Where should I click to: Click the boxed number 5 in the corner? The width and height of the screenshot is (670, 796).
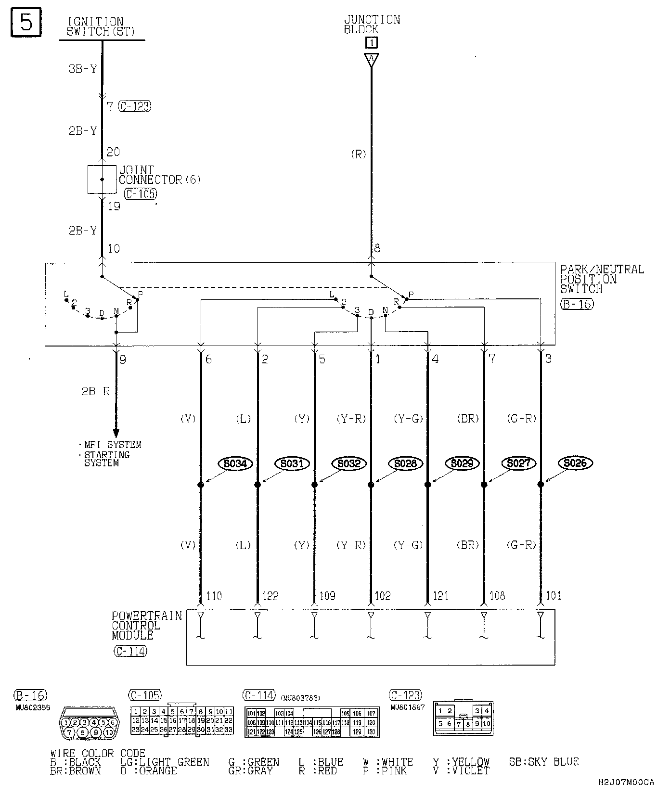[x=26, y=22]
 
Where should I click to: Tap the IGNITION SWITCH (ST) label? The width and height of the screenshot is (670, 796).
[x=100, y=27]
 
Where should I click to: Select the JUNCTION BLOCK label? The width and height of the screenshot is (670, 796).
[x=372, y=24]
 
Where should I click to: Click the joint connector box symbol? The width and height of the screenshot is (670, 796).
[x=102, y=180]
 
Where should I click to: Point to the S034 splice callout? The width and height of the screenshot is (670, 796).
[x=235, y=463]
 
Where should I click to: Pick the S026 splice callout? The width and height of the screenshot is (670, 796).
[x=575, y=463]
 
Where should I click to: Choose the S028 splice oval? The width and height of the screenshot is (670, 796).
[x=405, y=463]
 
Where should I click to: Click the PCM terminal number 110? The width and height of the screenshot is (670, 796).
[x=214, y=596]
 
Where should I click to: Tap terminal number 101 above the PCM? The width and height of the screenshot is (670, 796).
[x=554, y=596]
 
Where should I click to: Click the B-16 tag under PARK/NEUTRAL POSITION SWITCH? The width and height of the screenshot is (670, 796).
[x=577, y=304]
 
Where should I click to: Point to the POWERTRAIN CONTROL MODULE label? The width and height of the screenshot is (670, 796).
[x=146, y=626]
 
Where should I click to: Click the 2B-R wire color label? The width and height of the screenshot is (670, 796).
[x=95, y=391]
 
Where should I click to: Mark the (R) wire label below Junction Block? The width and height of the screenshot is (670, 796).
[x=359, y=154]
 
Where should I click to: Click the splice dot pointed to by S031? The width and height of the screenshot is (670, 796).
[x=258, y=485]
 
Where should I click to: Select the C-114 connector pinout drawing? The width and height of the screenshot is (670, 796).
[x=312, y=722]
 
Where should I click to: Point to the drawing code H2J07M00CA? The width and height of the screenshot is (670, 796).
[x=626, y=782]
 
